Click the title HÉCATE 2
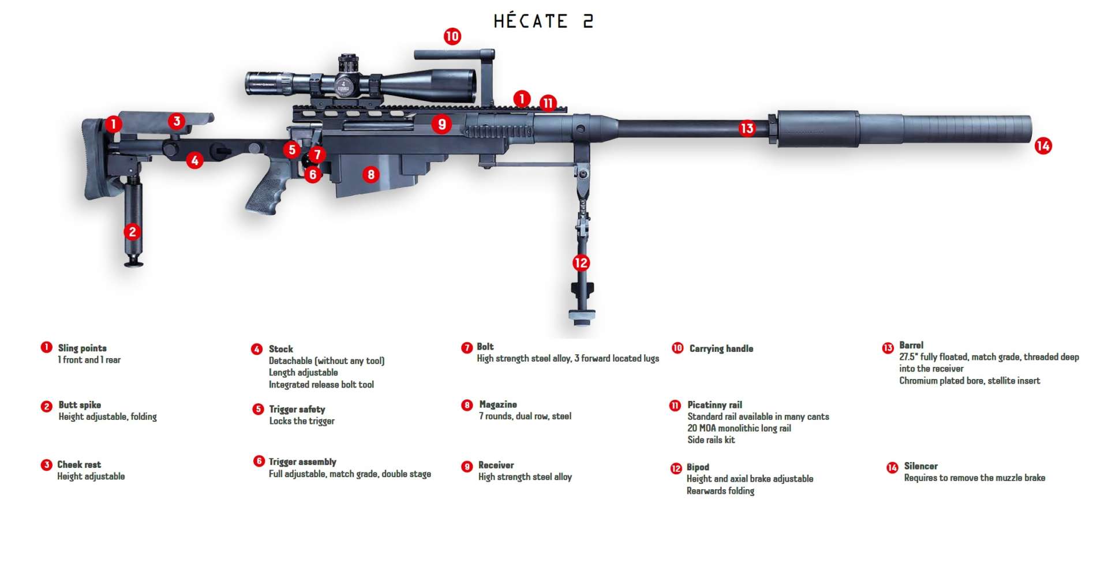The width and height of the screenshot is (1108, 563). pos(543,21)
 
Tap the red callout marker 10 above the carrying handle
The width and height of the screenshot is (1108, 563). pos(452,36)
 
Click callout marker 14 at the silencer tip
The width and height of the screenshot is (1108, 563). pos(1043,145)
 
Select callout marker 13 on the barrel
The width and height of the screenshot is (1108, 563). pos(747,127)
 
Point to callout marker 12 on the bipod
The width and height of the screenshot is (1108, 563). pos(581,263)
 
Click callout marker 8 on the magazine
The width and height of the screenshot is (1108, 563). pos(370,174)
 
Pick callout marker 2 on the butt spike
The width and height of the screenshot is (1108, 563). pos(133,232)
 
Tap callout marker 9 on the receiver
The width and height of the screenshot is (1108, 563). pos(441,124)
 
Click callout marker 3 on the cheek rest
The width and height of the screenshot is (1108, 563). pos(177,121)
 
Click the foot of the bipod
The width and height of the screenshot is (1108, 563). pos(582,315)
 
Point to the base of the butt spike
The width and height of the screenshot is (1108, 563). pos(134,263)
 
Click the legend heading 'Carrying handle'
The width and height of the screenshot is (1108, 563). pos(721,348)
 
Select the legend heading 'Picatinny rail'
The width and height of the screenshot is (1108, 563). pos(714,405)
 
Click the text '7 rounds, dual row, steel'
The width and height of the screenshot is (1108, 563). pos(525,416)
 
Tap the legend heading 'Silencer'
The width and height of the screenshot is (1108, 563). pos(920,466)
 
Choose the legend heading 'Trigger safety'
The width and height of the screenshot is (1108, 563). pos(297,409)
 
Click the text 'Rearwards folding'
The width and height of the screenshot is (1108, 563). pos(720,491)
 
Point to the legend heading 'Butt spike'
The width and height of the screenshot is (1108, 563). pos(80,405)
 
